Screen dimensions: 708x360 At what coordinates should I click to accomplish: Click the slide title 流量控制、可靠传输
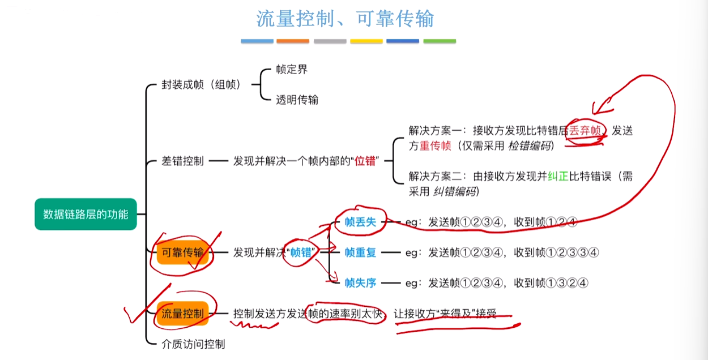coord(345,19)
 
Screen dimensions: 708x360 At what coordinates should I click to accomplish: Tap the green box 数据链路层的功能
coord(86,214)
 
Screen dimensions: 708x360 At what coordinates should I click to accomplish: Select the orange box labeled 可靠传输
coord(183,252)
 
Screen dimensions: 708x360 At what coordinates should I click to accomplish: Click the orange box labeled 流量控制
coord(183,314)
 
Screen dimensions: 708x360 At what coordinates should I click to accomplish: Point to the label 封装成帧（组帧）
coord(201,85)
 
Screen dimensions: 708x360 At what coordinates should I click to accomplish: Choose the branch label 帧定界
coord(292,69)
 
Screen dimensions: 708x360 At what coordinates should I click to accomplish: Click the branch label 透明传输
coord(297,100)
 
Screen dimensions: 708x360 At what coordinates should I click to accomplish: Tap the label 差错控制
coord(183,161)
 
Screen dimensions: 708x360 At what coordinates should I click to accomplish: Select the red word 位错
coord(365,161)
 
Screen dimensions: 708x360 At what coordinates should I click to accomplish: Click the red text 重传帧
coord(435,146)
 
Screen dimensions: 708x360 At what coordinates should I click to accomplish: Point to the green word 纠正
coord(558,176)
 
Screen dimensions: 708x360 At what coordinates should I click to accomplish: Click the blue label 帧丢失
coord(360,222)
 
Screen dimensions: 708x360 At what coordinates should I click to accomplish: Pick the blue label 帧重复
coord(360,252)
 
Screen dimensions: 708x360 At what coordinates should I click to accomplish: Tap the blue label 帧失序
coord(360,283)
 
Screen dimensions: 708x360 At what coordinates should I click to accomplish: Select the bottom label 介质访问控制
coord(194,344)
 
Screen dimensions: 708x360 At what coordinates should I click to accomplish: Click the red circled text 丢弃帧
coord(585,131)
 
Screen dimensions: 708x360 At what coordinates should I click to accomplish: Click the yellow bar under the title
coord(366,41)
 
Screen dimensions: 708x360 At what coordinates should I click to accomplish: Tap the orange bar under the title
coord(293,41)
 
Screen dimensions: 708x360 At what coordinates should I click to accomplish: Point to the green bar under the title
coord(440,41)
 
